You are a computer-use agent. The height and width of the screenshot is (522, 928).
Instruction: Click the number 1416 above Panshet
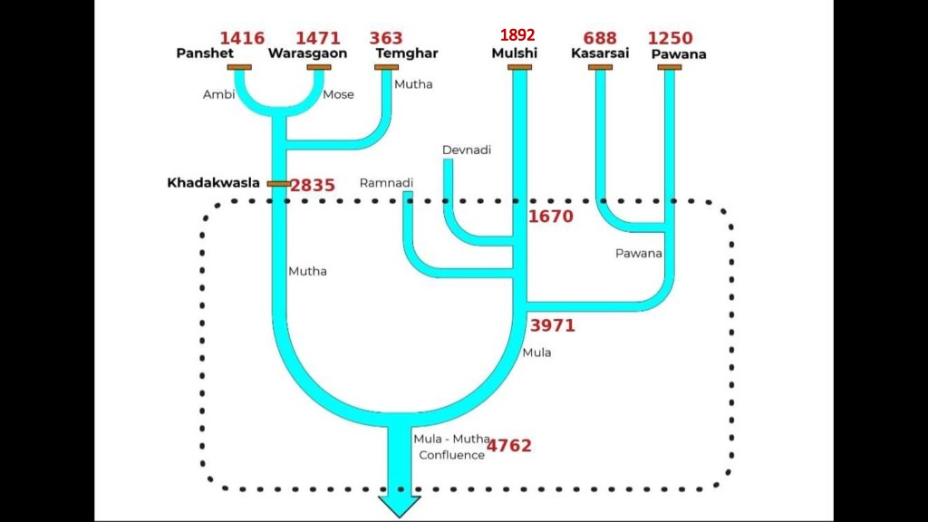pyautogui.click(x=242, y=38)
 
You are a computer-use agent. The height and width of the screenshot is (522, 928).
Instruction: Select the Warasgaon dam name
pyautogui.click(x=308, y=53)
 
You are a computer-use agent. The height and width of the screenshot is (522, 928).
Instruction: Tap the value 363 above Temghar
pyautogui.click(x=386, y=38)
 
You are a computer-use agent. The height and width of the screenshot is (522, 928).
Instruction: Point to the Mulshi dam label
pyautogui.click(x=515, y=53)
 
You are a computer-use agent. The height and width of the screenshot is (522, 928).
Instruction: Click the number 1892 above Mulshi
pyautogui.click(x=517, y=35)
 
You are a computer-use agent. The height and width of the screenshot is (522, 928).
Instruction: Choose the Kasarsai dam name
pyautogui.click(x=600, y=53)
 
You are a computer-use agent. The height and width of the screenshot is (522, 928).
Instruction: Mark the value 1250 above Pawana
pyautogui.click(x=670, y=38)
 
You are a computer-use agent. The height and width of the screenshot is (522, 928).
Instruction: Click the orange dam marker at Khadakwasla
pyautogui.click(x=279, y=184)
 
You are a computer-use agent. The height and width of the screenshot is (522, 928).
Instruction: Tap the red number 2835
pyautogui.click(x=313, y=186)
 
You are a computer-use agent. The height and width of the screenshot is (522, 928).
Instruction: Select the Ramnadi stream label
pyautogui.click(x=386, y=183)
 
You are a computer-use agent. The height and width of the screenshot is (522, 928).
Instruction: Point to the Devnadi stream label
pyautogui.click(x=467, y=150)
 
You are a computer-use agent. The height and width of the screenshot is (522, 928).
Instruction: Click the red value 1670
pyautogui.click(x=550, y=217)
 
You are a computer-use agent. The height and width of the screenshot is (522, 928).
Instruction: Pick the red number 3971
pyautogui.click(x=552, y=325)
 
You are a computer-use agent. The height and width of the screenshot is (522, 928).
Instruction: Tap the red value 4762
pyautogui.click(x=509, y=446)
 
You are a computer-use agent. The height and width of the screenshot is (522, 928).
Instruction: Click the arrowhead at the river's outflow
pyautogui.click(x=400, y=506)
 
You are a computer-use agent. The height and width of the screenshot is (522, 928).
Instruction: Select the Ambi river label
pyautogui.click(x=219, y=94)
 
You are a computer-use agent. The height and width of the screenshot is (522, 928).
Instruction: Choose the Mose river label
pyautogui.click(x=338, y=94)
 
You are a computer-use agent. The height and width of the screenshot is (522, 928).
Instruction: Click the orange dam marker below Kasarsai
pyautogui.click(x=600, y=67)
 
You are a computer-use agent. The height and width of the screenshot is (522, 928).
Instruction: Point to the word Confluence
pyautogui.click(x=451, y=455)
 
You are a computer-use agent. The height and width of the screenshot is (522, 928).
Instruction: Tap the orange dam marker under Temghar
pyautogui.click(x=386, y=67)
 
